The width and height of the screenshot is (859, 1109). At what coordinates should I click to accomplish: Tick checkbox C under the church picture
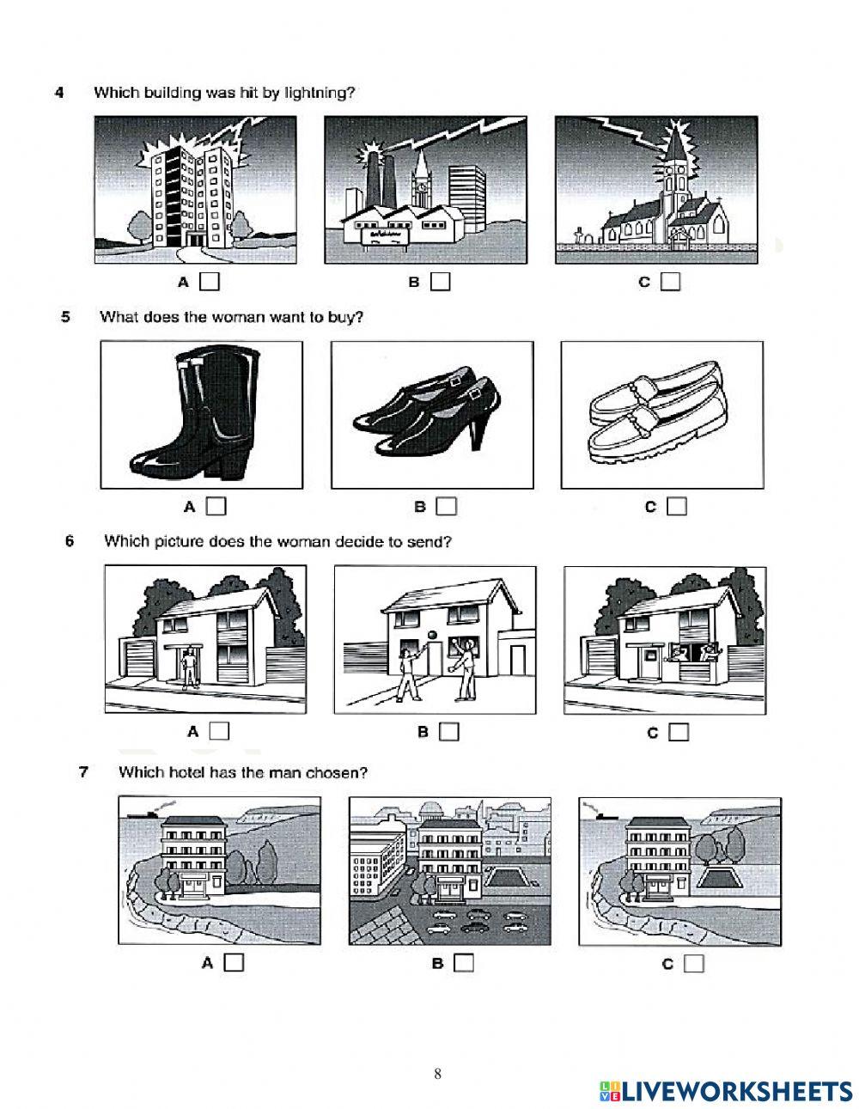click(x=671, y=281)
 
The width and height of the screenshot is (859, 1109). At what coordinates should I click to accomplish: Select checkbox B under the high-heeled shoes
click(x=446, y=507)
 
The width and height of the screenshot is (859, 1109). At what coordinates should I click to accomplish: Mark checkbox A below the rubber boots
click(x=216, y=507)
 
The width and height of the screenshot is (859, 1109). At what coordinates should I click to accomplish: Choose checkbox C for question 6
click(x=679, y=732)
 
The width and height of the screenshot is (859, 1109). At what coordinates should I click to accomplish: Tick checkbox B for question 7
click(x=464, y=963)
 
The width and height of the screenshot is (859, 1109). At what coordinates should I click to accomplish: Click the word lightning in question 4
click(x=316, y=93)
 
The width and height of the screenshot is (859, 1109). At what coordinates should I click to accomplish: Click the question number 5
click(x=66, y=316)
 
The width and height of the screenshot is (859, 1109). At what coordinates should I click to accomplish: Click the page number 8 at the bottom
click(x=438, y=1073)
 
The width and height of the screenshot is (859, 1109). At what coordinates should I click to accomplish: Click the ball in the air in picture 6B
click(x=433, y=635)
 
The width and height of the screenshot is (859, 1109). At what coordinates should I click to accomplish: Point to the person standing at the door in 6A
click(x=187, y=668)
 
